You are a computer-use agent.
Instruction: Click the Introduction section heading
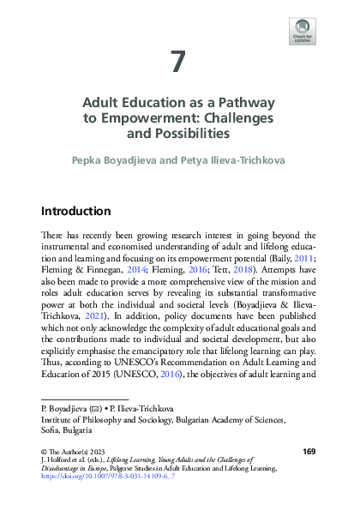76,211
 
